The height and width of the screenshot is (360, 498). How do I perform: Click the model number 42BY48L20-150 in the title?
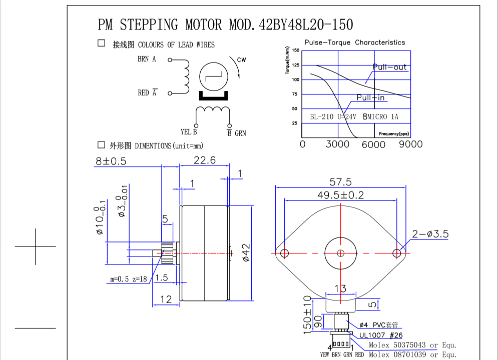[306, 24]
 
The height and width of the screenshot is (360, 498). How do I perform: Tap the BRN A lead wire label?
[147, 59]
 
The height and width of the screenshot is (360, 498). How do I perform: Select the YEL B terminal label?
[189, 131]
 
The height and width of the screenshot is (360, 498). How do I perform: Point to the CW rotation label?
[241, 59]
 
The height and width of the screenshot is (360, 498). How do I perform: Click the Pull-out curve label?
[389, 67]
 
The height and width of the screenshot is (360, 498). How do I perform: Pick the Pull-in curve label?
[370, 97]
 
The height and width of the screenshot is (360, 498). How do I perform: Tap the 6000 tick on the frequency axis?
[373, 144]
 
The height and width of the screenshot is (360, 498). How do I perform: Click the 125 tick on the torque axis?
[295, 65]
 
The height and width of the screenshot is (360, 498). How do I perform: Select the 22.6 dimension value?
[205, 160]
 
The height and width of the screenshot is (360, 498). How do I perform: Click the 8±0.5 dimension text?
[111, 161]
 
